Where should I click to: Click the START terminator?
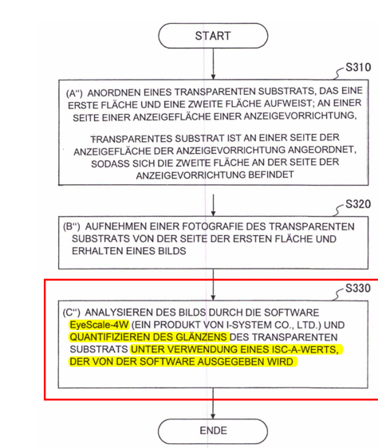213,36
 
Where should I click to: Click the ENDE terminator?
213,430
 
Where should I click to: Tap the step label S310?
358,68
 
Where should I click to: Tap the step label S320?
358,204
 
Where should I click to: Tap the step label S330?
358,288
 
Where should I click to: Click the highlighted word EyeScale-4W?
99,325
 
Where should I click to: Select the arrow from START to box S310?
213,64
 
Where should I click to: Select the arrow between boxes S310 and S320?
213,205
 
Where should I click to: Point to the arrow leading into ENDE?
213,403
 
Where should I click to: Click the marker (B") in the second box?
72,226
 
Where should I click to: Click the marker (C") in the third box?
72,312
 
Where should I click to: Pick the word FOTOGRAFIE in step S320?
212,226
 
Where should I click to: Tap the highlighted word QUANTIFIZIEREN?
111,337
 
